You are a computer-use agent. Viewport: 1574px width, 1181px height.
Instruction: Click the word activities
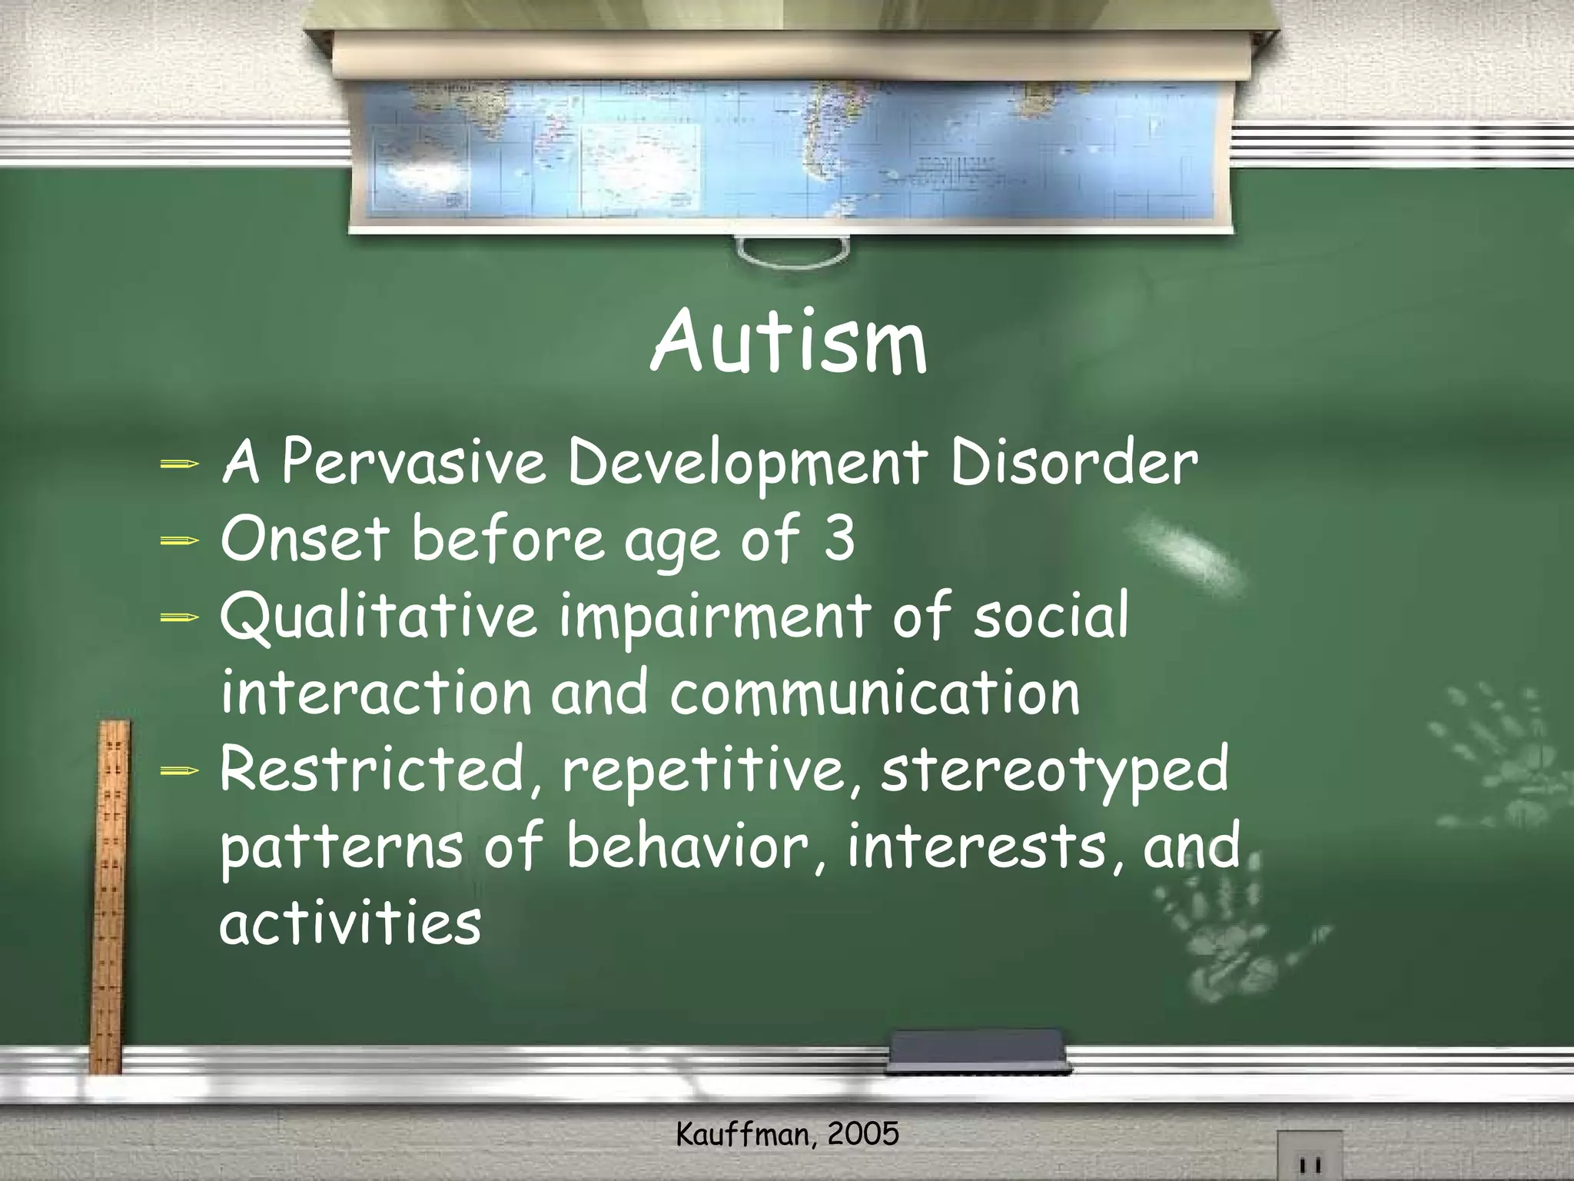point(350,923)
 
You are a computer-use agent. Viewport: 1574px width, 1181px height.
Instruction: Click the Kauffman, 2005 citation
point(787,1135)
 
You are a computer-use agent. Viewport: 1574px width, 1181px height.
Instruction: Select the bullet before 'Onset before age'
point(180,541)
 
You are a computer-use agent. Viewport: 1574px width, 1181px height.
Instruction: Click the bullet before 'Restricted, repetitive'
point(180,770)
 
